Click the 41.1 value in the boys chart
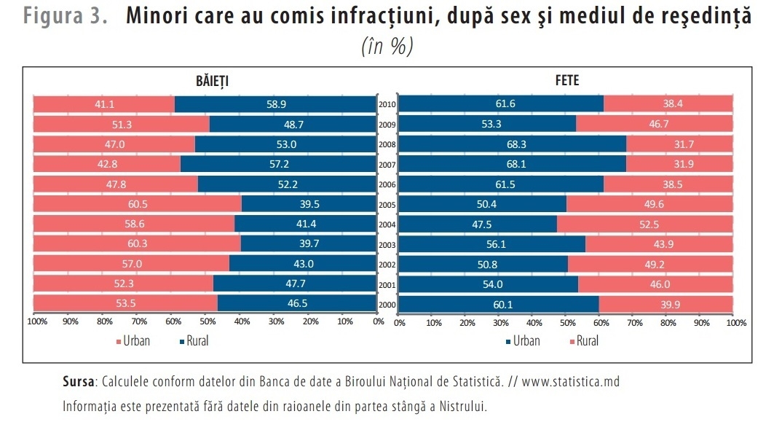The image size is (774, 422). (x=105, y=104)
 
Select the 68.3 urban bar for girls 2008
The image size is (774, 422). (x=513, y=144)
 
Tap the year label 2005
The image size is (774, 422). (x=387, y=205)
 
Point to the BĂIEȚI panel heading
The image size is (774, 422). (x=213, y=81)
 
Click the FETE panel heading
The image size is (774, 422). (x=566, y=80)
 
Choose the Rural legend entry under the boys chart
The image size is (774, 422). (x=194, y=341)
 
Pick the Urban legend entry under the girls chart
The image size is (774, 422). (x=523, y=341)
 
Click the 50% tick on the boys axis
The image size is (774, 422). (x=208, y=321)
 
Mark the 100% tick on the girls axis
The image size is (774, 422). (x=736, y=323)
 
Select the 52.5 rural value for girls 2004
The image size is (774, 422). (x=649, y=224)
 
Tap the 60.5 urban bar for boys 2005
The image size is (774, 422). (x=137, y=204)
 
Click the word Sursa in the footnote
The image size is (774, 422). (x=79, y=381)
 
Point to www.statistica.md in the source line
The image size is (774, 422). (x=571, y=381)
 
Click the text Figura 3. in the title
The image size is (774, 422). (x=65, y=16)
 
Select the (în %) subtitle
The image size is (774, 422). (x=387, y=47)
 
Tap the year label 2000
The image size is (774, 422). (x=387, y=305)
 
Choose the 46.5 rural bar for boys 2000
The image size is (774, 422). (x=297, y=303)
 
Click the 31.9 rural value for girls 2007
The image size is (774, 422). (x=684, y=164)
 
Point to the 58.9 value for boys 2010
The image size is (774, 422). (x=277, y=104)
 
